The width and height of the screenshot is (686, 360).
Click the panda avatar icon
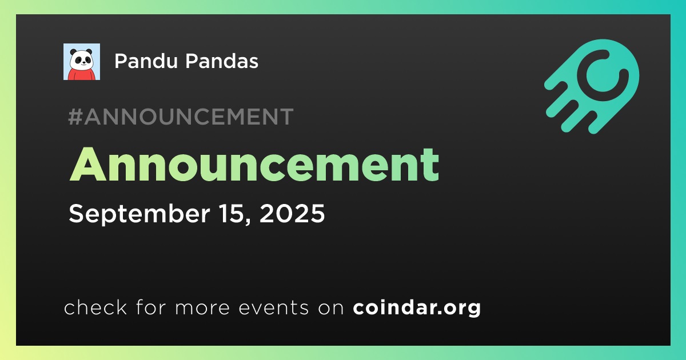[x=81, y=62]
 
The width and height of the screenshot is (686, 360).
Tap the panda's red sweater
[x=81, y=74]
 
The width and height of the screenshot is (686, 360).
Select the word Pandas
[x=222, y=61]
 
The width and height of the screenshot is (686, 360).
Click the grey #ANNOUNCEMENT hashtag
[x=181, y=117]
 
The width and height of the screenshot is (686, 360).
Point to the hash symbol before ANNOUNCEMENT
[x=75, y=117]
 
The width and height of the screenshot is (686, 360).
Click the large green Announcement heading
[x=254, y=165]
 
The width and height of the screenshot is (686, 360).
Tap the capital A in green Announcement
[x=88, y=165]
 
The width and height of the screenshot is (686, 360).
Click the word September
[x=139, y=214]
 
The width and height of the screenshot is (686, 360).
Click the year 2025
[x=292, y=213]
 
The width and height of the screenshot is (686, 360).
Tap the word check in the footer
[x=95, y=307]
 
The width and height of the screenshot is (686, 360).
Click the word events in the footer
[x=273, y=307]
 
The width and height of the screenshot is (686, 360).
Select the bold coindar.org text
[x=417, y=307]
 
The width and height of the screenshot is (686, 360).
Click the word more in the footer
[x=202, y=307]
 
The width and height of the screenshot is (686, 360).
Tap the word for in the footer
[x=151, y=307]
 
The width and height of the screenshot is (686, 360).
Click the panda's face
[x=81, y=59]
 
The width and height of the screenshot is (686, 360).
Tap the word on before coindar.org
[x=331, y=307]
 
